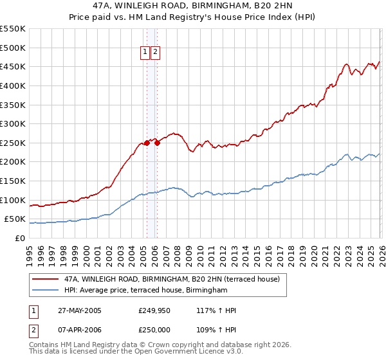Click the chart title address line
[193, 6]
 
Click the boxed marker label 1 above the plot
[145, 53]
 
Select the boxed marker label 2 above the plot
[156, 53]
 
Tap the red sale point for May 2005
[147, 143]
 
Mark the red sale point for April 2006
[157, 143]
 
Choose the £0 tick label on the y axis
[19, 238]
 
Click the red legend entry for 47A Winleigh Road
[172, 280]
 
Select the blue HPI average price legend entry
[146, 291]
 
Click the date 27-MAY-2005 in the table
[79, 310]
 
